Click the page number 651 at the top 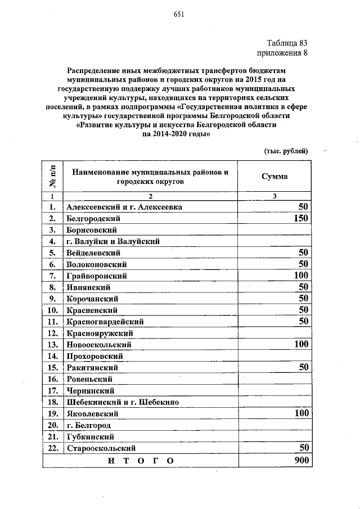point(179,14)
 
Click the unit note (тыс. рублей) point(286,151)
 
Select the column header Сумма point(274,176)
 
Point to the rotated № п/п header point(52,177)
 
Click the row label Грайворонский point(97,276)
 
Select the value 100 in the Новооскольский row point(298,344)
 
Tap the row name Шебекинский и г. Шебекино point(122,402)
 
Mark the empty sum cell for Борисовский point(274,229)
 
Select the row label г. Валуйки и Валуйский point(112,241)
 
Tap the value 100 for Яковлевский point(298,413)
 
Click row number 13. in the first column point(53,344)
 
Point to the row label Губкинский point(91,436)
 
